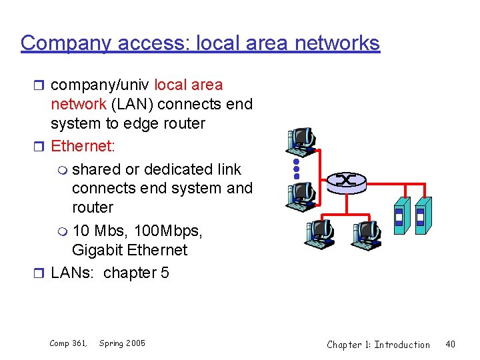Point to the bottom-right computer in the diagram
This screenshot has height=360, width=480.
click(365, 233)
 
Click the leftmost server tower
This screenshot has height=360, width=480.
click(399, 215)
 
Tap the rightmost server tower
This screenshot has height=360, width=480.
click(422, 214)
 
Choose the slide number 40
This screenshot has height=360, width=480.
click(450, 344)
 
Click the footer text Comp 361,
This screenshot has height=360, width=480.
click(68, 343)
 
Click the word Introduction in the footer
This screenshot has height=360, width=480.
click(402, 344)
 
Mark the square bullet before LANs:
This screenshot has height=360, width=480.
click(41, 273)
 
